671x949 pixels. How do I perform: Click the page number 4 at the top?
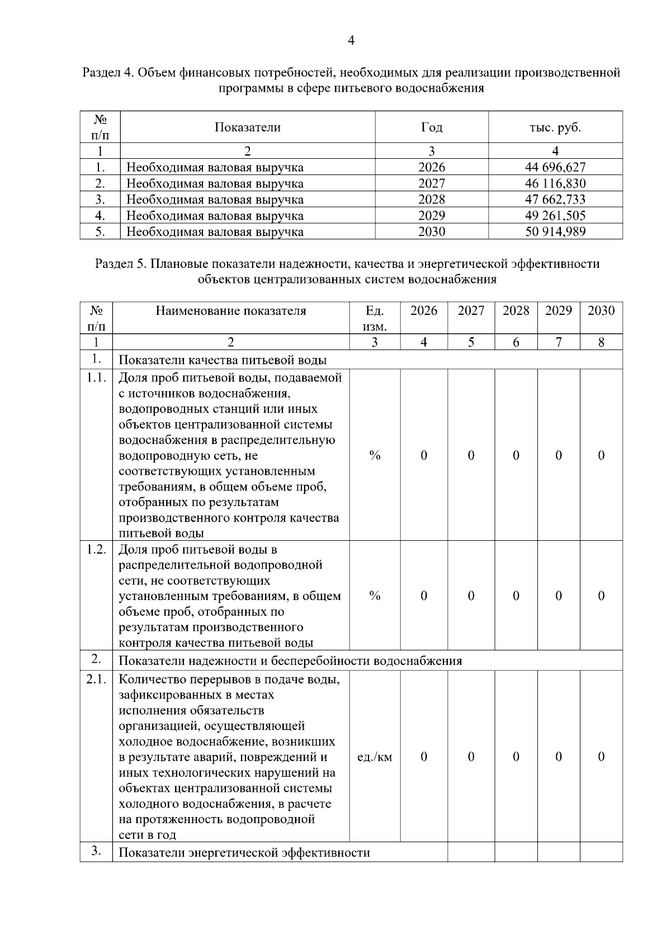(x=351, y=41)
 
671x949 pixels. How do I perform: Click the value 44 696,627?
(x=555, y=167)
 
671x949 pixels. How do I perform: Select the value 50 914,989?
(x=555, y=232)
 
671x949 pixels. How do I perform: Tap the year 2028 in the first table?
(x=432, y=200)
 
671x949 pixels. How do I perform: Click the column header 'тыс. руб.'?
(x=555, y=128)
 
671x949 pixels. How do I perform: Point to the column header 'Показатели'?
(x=248, y=128)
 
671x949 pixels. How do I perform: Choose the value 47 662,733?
(x=555, y=200)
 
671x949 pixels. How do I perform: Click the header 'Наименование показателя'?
(x=231, y=311)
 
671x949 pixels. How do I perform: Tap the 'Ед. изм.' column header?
(x=375, y=318)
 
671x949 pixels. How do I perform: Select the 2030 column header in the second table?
(x=601, y=311)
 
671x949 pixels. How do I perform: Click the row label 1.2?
(x=96, y=549)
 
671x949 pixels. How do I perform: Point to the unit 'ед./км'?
(x=375, y=757)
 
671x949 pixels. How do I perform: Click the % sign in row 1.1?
(x=375, y=456)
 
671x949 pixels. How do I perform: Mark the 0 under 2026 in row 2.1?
(x=424, y=757)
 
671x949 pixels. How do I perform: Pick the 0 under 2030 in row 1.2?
(x=601, y=596)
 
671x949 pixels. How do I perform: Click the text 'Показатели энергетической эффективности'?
(x=244, y=853)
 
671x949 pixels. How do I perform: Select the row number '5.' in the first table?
(x=100, y=232)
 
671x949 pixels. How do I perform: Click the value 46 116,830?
(x=555, y=183)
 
